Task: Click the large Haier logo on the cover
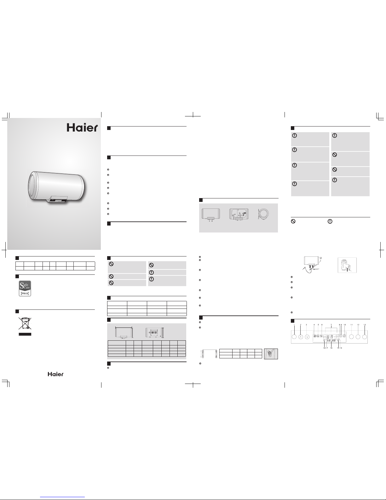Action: click(82, 128)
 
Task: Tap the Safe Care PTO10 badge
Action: click(25, 288)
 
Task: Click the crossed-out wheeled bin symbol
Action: click(25, 323)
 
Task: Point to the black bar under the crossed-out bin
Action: click(25, 334)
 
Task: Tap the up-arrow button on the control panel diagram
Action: click(301, 337)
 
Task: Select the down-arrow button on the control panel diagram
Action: click(307, 337)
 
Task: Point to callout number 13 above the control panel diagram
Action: click(364, 325)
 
